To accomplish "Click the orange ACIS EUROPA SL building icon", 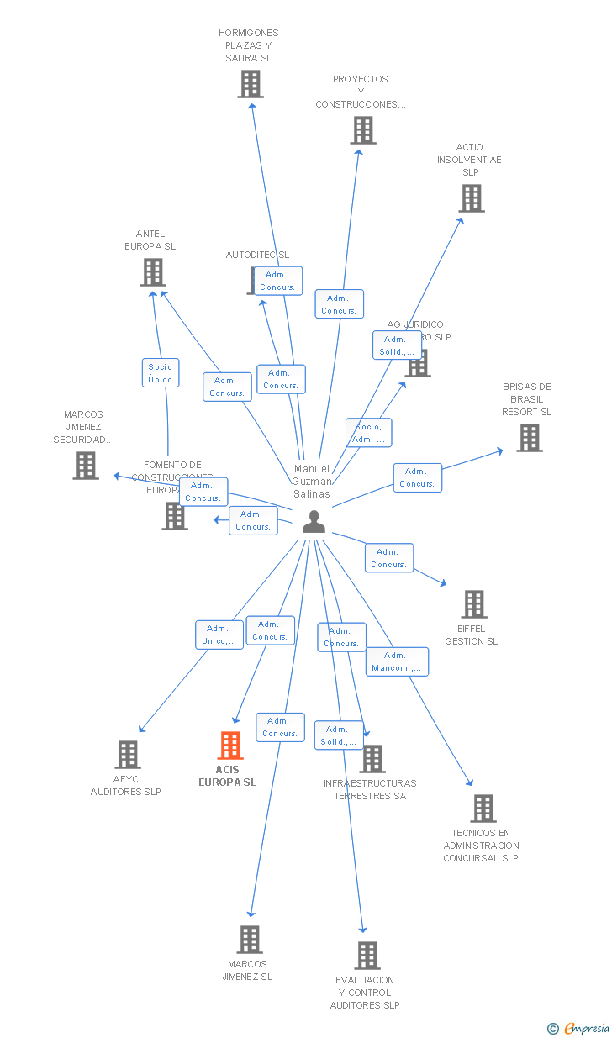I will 229,746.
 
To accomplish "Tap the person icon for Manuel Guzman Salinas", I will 314,522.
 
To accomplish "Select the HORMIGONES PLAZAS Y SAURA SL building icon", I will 250,84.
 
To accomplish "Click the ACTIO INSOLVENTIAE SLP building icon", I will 471,198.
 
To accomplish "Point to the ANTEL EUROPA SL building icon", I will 152,272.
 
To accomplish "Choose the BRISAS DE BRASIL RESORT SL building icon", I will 529,438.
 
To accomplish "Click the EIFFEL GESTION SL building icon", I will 473,603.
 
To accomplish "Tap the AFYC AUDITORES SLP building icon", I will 127,755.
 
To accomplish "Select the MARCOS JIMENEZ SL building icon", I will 249,940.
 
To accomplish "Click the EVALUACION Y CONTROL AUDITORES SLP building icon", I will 367,956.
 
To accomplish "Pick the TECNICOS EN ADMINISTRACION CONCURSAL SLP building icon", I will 483,809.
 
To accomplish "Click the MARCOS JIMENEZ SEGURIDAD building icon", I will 85,466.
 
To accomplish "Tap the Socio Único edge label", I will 160,373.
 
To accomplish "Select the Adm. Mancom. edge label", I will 397,662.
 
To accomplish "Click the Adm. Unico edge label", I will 219,635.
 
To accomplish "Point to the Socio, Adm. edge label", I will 368,433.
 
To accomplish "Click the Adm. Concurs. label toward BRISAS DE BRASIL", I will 417,477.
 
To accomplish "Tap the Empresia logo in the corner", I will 580,1028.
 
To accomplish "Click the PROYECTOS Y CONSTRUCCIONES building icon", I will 362,130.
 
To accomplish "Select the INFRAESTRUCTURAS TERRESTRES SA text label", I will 370,789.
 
